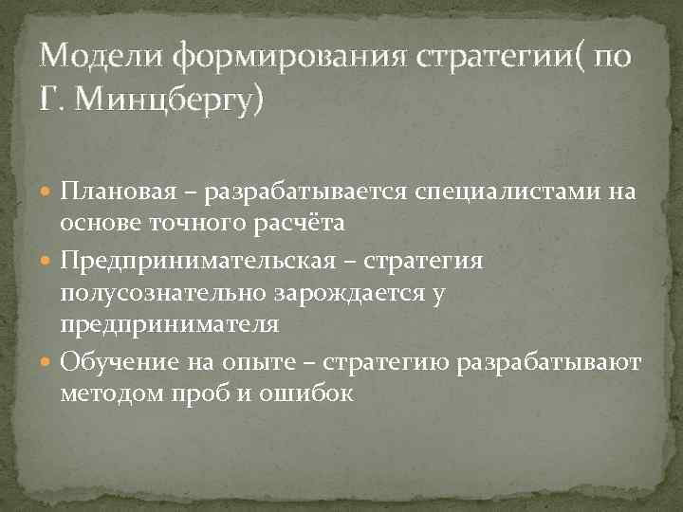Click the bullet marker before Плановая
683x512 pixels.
47,193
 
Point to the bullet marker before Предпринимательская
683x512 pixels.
47,261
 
